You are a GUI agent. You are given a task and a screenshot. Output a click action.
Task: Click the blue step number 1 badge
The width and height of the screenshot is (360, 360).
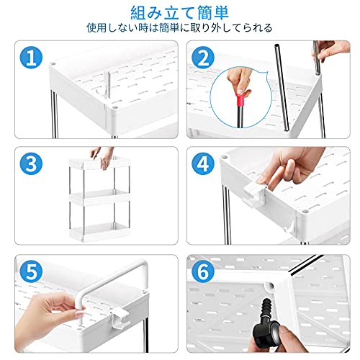[31, 58]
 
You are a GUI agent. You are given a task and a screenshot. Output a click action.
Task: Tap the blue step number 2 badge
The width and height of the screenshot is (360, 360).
[203, 58]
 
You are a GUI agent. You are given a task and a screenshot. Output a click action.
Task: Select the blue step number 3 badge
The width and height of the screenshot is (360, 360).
[31, 164]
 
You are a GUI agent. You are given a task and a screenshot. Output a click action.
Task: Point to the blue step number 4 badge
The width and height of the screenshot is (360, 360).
[203, 164]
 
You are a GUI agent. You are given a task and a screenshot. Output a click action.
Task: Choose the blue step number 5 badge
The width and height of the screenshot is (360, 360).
[31, 271]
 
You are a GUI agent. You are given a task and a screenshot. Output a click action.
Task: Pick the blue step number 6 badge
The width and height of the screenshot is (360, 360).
[203, 271]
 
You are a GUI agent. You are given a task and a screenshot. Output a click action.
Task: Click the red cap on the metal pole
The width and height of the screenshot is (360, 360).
[240, 100]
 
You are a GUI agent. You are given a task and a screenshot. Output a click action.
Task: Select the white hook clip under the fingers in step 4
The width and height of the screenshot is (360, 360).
[254, 192]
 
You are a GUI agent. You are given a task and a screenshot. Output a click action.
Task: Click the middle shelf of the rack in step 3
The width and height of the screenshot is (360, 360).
[99, 197]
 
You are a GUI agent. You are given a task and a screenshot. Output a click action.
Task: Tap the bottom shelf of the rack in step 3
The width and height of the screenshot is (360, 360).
[99, 232]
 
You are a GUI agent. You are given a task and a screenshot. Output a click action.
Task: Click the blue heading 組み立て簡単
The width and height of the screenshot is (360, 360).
[180, 13]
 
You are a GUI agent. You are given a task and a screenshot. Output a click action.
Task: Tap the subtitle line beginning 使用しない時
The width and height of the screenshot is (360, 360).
[179, 28]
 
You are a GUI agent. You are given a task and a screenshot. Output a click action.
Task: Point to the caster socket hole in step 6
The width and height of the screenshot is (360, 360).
[269, 286]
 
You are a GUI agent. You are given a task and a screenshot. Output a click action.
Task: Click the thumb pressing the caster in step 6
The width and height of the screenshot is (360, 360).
[286, 329]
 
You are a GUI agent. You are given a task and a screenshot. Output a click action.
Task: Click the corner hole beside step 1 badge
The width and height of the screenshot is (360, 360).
[53, 64]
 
